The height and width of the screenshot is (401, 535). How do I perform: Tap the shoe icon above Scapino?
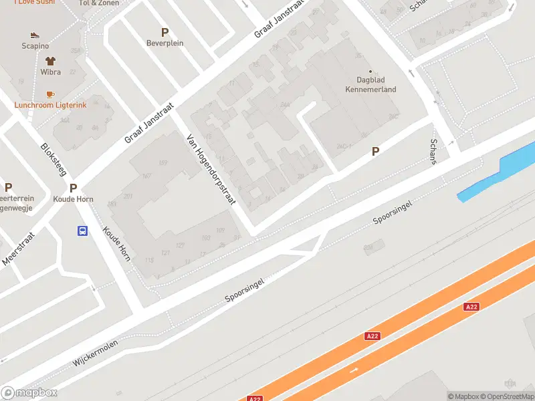point(35,35)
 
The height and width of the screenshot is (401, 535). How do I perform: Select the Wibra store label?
point(50,72)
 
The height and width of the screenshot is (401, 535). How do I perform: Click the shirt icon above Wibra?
point(49,60)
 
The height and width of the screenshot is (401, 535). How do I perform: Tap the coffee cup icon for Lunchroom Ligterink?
point(50,94)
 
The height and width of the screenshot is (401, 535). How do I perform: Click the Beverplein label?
point(165,43)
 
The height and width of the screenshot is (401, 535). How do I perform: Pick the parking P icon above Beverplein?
point(165,32)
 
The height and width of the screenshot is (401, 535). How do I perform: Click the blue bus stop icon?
point(82,231)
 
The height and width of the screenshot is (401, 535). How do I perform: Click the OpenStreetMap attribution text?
point(508,396)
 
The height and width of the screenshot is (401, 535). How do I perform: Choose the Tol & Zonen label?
point(98,3)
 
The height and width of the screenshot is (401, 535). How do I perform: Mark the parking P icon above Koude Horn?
point(73,188)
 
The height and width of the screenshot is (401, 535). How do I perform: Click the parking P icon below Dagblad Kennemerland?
point(375,152)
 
